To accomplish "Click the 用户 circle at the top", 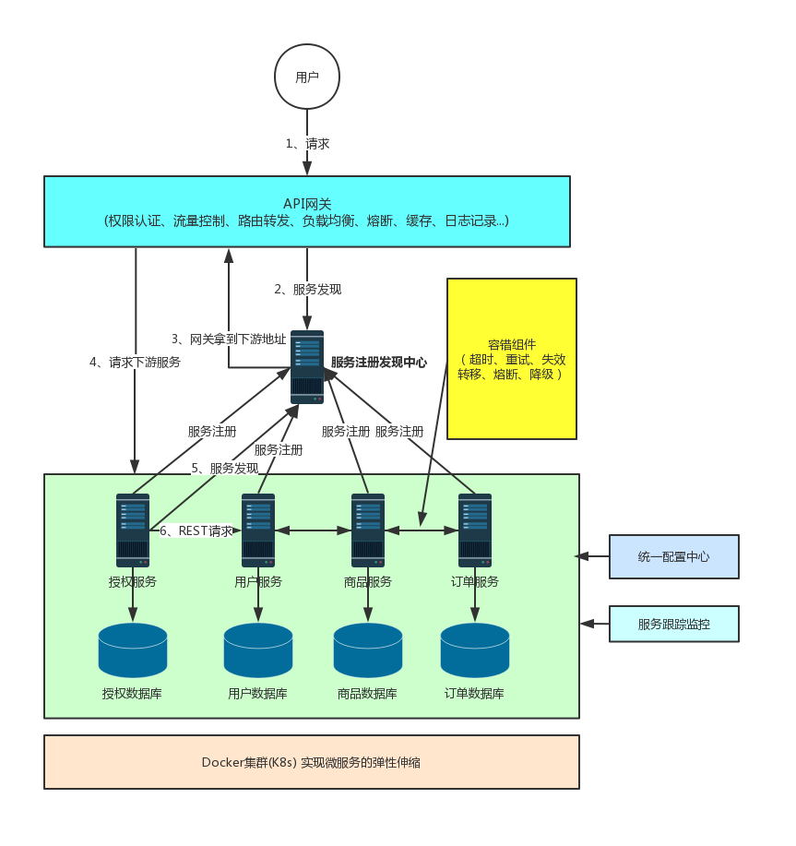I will click(x=307, y=77).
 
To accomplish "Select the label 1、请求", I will click(x=307, y=143).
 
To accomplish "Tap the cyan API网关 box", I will click(x=307, y=211).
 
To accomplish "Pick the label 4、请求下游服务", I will click(x=135, y=362).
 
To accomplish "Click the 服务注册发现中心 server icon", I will click(x=307, y=366).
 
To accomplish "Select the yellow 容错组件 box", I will click(x=511, y=358).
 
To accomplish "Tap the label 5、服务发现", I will click(x=225, y=468).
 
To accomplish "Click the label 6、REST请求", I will click(x=196, y=530).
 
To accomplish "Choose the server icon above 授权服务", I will click(x=133, y=530).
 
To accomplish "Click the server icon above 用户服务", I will click(x=258, y=530).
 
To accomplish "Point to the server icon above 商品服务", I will click(x=368, y=530).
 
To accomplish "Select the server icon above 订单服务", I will click(x=475, y=530).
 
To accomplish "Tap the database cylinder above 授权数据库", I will click(x=133, y=649).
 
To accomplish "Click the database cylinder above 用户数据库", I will click(x=258, y=649).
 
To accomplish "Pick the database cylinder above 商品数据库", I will click(x=368, y=649).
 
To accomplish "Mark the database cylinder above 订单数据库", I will click(x=475, y=649).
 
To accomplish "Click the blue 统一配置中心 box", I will click(x=673, y=556).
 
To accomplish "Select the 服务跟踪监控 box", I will click(x=673, y=625).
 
